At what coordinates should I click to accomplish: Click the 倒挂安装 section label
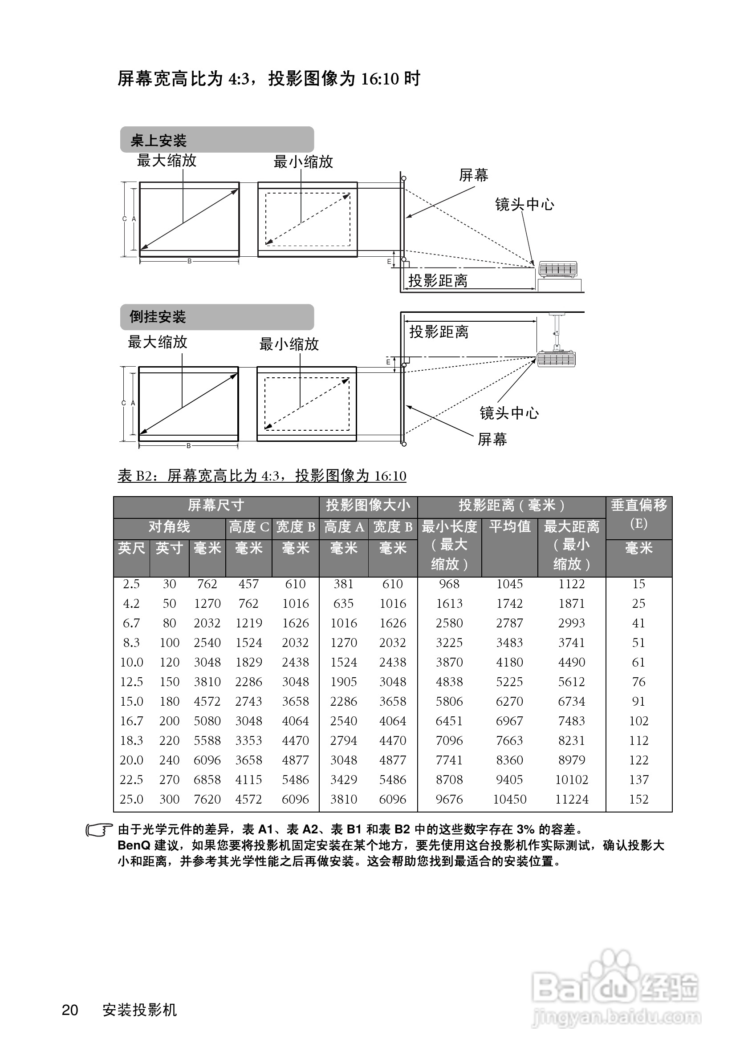[x=157, y=317]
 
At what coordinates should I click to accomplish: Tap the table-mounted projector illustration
[x=558, y=270]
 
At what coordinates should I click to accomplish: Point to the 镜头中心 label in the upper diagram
[x=524, y=204]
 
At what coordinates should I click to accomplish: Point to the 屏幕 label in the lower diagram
[x=492, y=439]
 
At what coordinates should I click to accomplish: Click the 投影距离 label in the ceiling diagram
[x=439, y=331]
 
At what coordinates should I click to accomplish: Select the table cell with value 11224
[x=572, y=799]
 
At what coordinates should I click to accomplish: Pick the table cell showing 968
[x=449, y=584]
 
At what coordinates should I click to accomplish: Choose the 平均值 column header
[x=509, y=527]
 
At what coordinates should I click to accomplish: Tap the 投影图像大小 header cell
[x=368, y=505]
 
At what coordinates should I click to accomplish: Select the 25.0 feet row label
[x=131, y=799]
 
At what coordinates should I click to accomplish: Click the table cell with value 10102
[x=572, y=780]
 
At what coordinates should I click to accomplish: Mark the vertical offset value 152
[x=638, y=799]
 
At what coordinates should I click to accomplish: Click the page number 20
[x=70, y=1010]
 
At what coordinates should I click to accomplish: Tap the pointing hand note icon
[x=99, y=830]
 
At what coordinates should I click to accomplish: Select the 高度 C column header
[x=249, y=527]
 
